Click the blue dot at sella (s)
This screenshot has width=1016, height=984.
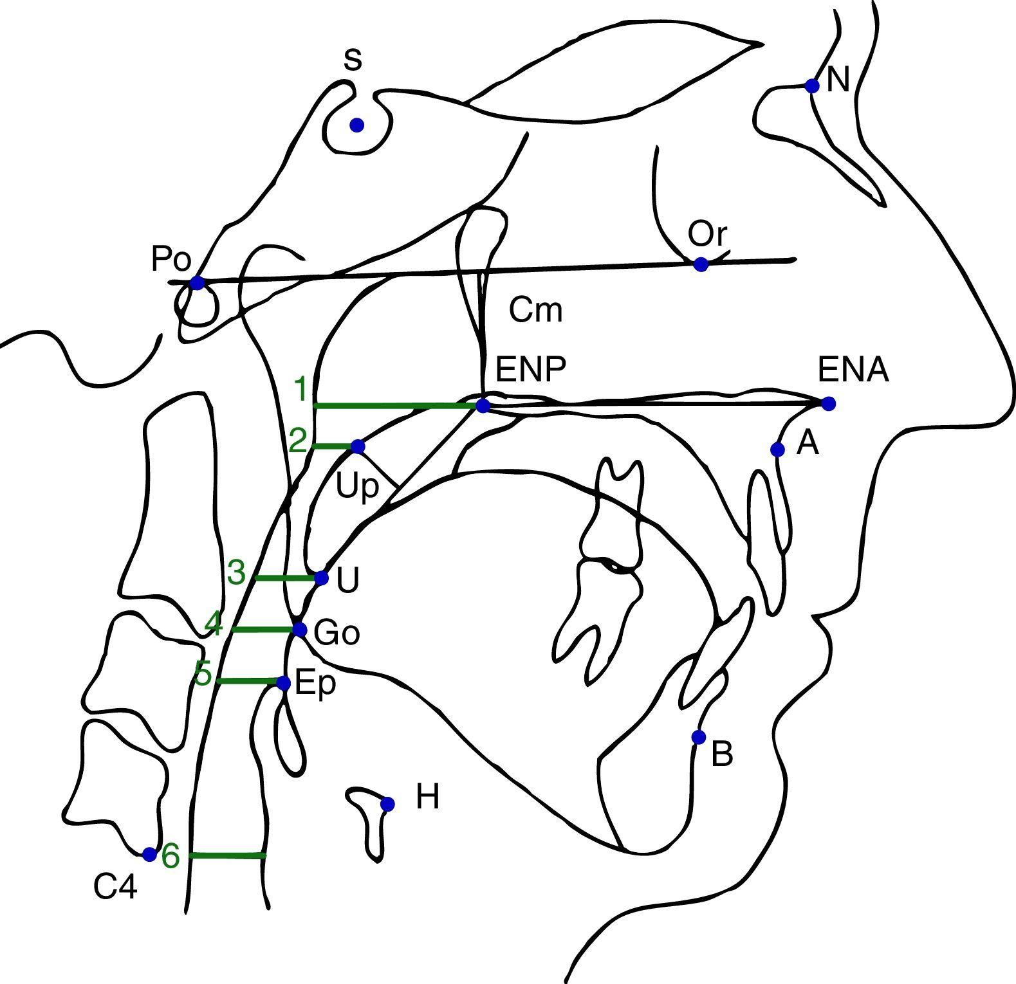(357, 125)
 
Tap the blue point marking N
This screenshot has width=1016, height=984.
(812, 86)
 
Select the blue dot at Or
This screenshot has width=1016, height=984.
(701, 264)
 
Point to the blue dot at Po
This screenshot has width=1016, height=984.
(197, 282)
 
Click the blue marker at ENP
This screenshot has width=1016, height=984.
(483, 405)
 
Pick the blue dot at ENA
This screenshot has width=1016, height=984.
(828, 404)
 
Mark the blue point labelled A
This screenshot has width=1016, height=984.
(777, 449)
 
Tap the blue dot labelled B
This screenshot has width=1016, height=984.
(698, 737)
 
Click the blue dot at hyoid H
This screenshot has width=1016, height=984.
(387, 804)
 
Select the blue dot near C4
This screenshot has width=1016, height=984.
(149, 854)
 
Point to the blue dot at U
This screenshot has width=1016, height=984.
(322, 578)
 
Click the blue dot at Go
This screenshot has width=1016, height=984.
(299, 629)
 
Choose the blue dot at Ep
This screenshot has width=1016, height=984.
(283, 683)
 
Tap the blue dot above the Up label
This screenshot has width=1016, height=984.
(358, 446)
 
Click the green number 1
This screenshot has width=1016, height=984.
(300, 390)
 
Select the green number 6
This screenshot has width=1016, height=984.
(171, 856)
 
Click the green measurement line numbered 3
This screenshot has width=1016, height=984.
(286, 578)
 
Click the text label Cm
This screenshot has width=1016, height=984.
(535, 310)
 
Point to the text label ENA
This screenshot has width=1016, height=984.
(853, 370)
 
